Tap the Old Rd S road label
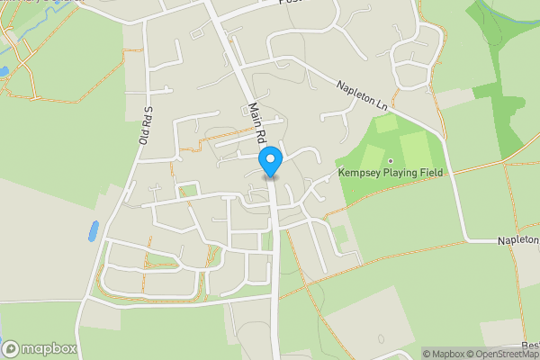[x=143, y=127]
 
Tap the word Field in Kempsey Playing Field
[x=433, y=173]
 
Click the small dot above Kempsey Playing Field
[x=391, y=162]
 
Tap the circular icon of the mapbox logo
[x=12, y=348]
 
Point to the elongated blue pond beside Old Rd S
[x=93, y=231]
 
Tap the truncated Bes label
[x=529, y=345]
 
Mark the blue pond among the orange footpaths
[x=3, y=70]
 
